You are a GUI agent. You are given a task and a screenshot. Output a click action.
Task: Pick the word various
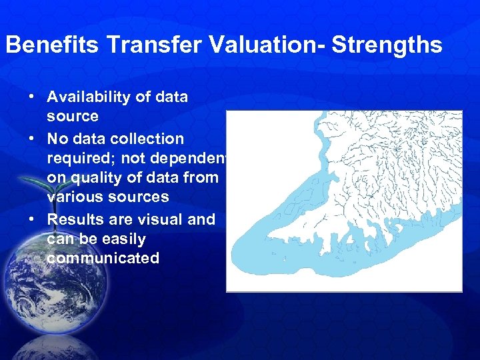click(73, 197)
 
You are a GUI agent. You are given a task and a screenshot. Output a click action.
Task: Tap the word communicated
click(103, 258)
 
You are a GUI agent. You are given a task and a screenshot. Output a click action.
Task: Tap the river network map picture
click(344, 201)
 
